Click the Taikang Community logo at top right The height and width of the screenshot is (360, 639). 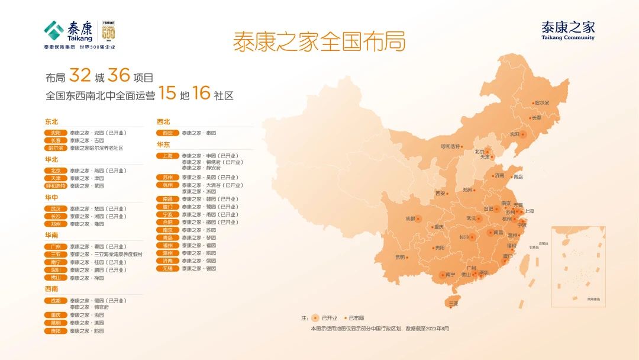coord(567,30)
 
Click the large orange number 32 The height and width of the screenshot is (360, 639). coord(80,76)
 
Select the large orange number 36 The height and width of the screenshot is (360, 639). coord(118,76)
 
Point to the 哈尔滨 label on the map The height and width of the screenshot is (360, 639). coord(541,103)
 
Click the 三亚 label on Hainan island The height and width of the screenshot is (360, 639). coord(453,303)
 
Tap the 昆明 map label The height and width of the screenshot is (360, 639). coord(401,258)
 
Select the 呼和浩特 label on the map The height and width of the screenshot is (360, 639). coord(451,146)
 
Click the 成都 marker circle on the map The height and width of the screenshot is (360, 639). coord(418,218)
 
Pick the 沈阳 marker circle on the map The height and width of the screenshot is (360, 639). coord(522,134)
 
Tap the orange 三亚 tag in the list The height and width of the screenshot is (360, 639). coord(56,254)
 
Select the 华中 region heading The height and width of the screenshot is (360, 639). coord(51,197)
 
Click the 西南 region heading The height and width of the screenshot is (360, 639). coord(51,289)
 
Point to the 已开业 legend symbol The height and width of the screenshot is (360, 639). coord(315,318)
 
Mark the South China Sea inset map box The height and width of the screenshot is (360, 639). coord(578,266)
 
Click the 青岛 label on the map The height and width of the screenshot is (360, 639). coord(518,176)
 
